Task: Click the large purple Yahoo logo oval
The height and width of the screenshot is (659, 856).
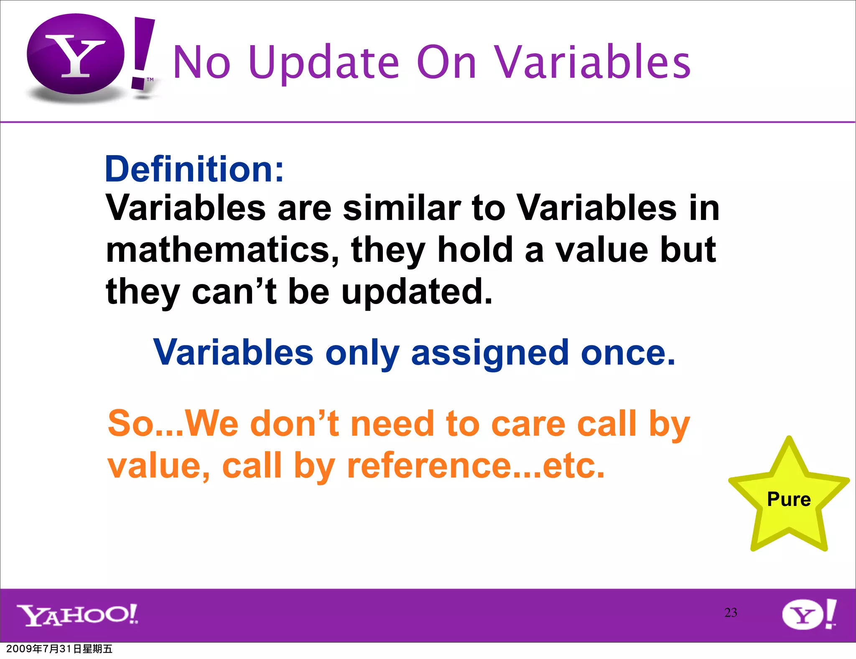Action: (x=75, y=54)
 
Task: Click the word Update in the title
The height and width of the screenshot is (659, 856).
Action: (x=324, y=63)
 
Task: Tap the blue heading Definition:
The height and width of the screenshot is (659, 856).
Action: (x=194, y=169)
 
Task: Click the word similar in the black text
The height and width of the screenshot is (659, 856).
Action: (x=402, y=208)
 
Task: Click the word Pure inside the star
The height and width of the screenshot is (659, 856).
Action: (x=789, y=499)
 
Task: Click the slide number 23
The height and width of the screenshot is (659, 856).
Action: (x=731, y=613)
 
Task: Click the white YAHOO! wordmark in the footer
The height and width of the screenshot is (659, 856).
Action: (x=77, y=615)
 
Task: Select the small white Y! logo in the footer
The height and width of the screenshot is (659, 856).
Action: (x=809, y=614)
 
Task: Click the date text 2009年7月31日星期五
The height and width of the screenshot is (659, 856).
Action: (x=59, y=649)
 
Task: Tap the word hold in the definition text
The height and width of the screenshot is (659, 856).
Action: (x=475, y=250)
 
